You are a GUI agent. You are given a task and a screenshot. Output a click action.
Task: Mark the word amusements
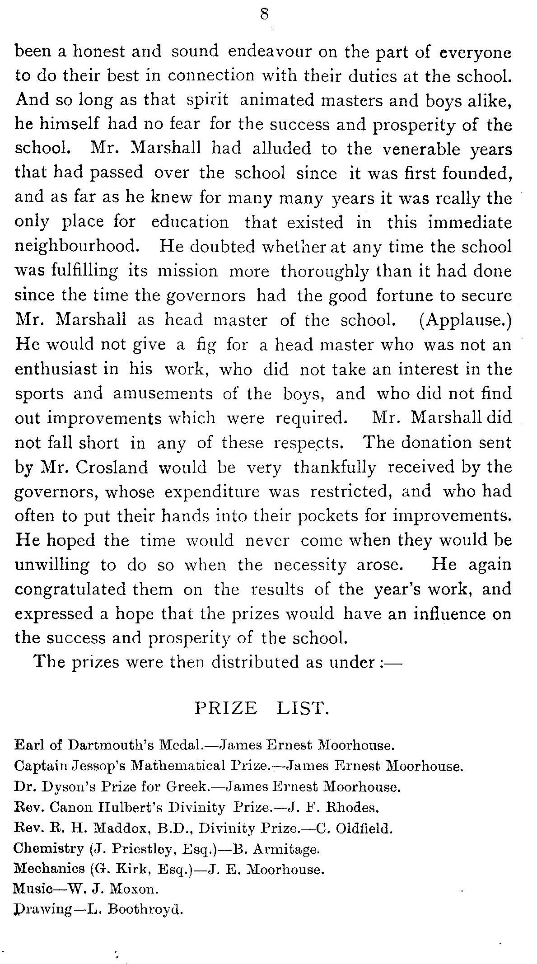pos(163,394)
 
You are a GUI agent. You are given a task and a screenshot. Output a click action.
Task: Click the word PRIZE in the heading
pos(226,708)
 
